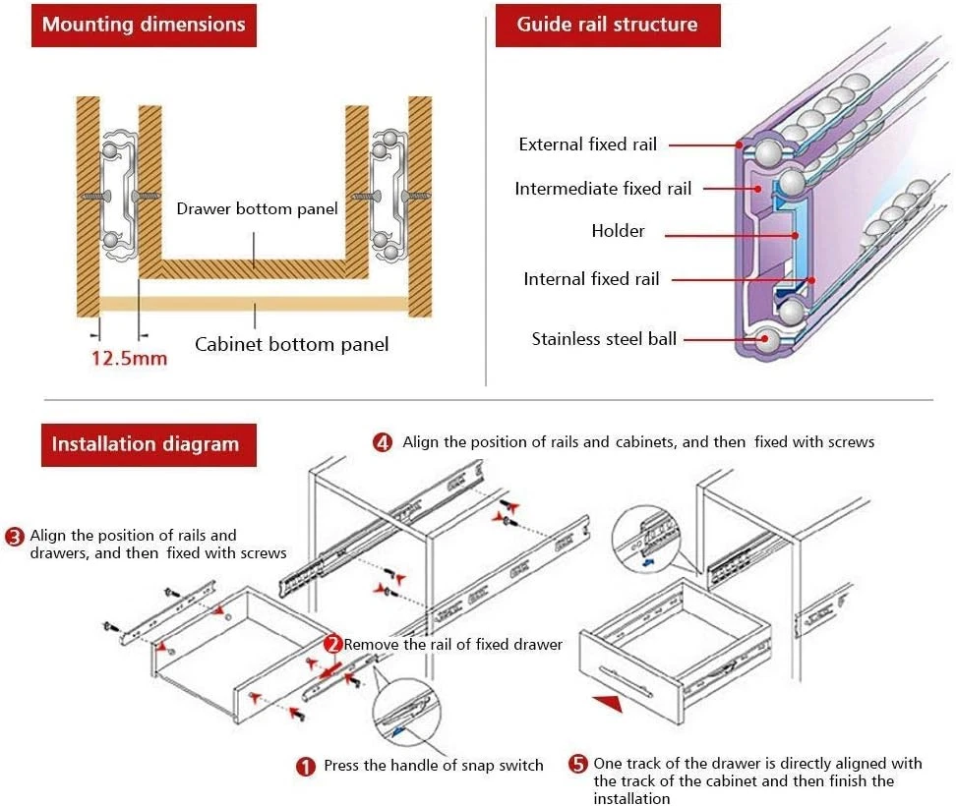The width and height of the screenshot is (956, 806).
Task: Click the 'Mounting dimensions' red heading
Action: tap(144, 25)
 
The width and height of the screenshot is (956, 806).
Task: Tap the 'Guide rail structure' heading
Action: tap(607, 25)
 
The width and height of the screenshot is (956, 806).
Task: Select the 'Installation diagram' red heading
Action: tap(145, 444)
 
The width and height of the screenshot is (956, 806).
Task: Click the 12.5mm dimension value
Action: tap(129, 358)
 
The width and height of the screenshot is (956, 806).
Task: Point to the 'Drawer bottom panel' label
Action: tap(257, 208)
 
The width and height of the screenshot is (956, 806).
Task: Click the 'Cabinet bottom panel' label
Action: tap(291, 344)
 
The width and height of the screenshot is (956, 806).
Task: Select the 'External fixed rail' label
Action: tap(587, 144)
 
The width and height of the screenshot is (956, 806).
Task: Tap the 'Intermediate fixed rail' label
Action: tap(603, 189)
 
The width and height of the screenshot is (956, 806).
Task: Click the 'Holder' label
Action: tap(618, 231)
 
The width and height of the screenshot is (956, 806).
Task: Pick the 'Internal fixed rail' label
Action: tap(591, 279)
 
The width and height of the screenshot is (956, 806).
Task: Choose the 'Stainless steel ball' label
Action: tap(604, 339)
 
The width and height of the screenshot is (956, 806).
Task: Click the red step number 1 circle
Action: tap(307, 766)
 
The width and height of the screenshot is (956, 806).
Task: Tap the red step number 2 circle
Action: tap(333, 645)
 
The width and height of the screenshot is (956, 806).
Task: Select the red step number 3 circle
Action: tap(15, 537)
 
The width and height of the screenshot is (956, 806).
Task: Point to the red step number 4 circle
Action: tap(383, 442)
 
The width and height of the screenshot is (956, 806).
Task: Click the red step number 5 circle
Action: tap(577, 764)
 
